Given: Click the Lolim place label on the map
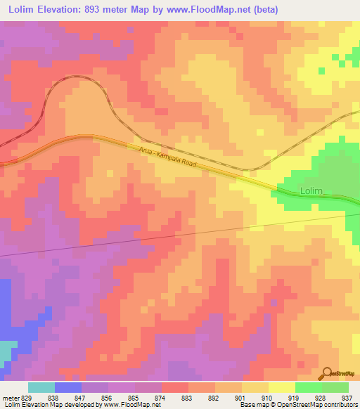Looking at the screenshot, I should click(x=311, y=190).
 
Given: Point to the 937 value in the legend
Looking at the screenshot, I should click(x=347, y=398).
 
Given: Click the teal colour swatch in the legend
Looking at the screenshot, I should click(x=41, y=387).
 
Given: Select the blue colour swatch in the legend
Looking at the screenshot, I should click(x=68, y=387).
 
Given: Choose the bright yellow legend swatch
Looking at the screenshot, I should click(x=281, y=387).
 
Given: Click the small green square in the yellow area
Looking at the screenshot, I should click(x=321, y=70).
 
